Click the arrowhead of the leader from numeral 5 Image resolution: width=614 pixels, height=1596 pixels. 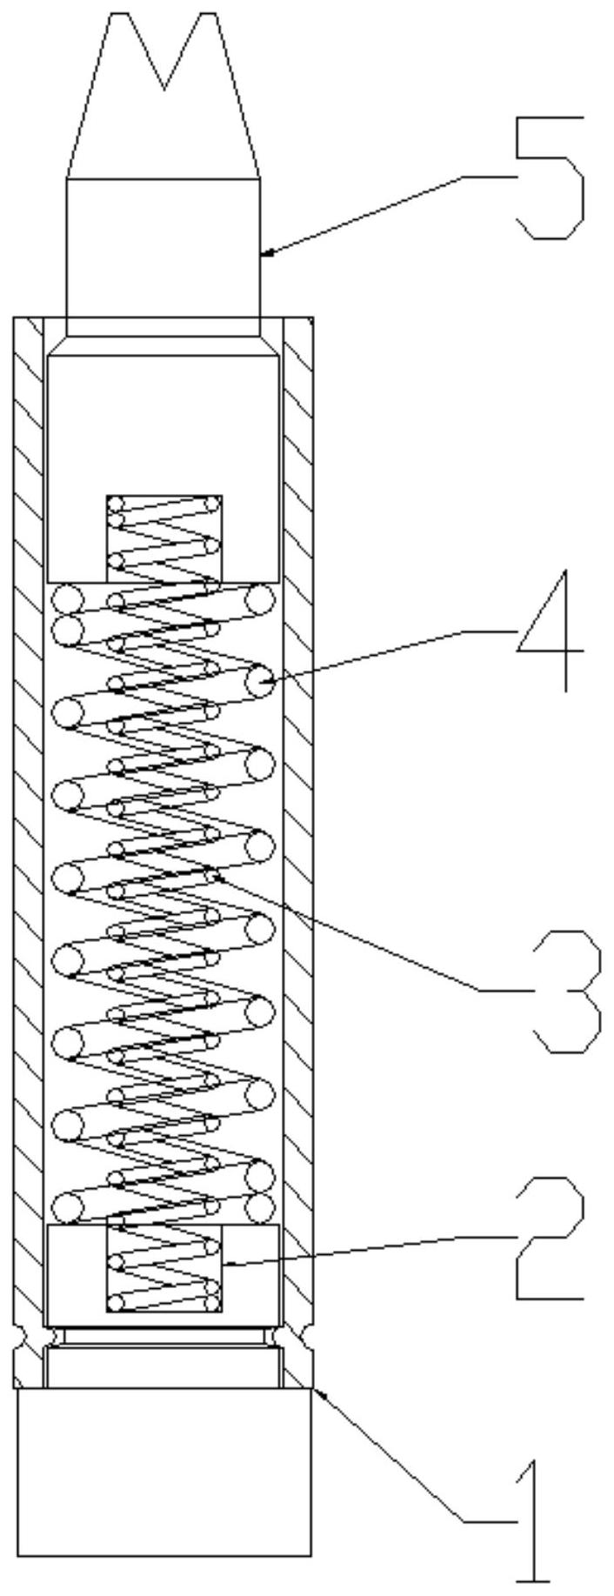pos(265,253)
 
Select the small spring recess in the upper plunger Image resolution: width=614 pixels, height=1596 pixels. pos(164,538)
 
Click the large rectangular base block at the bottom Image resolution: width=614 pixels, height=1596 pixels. pos(164,1449)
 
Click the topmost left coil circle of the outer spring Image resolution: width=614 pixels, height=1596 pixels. pos(68,599)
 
